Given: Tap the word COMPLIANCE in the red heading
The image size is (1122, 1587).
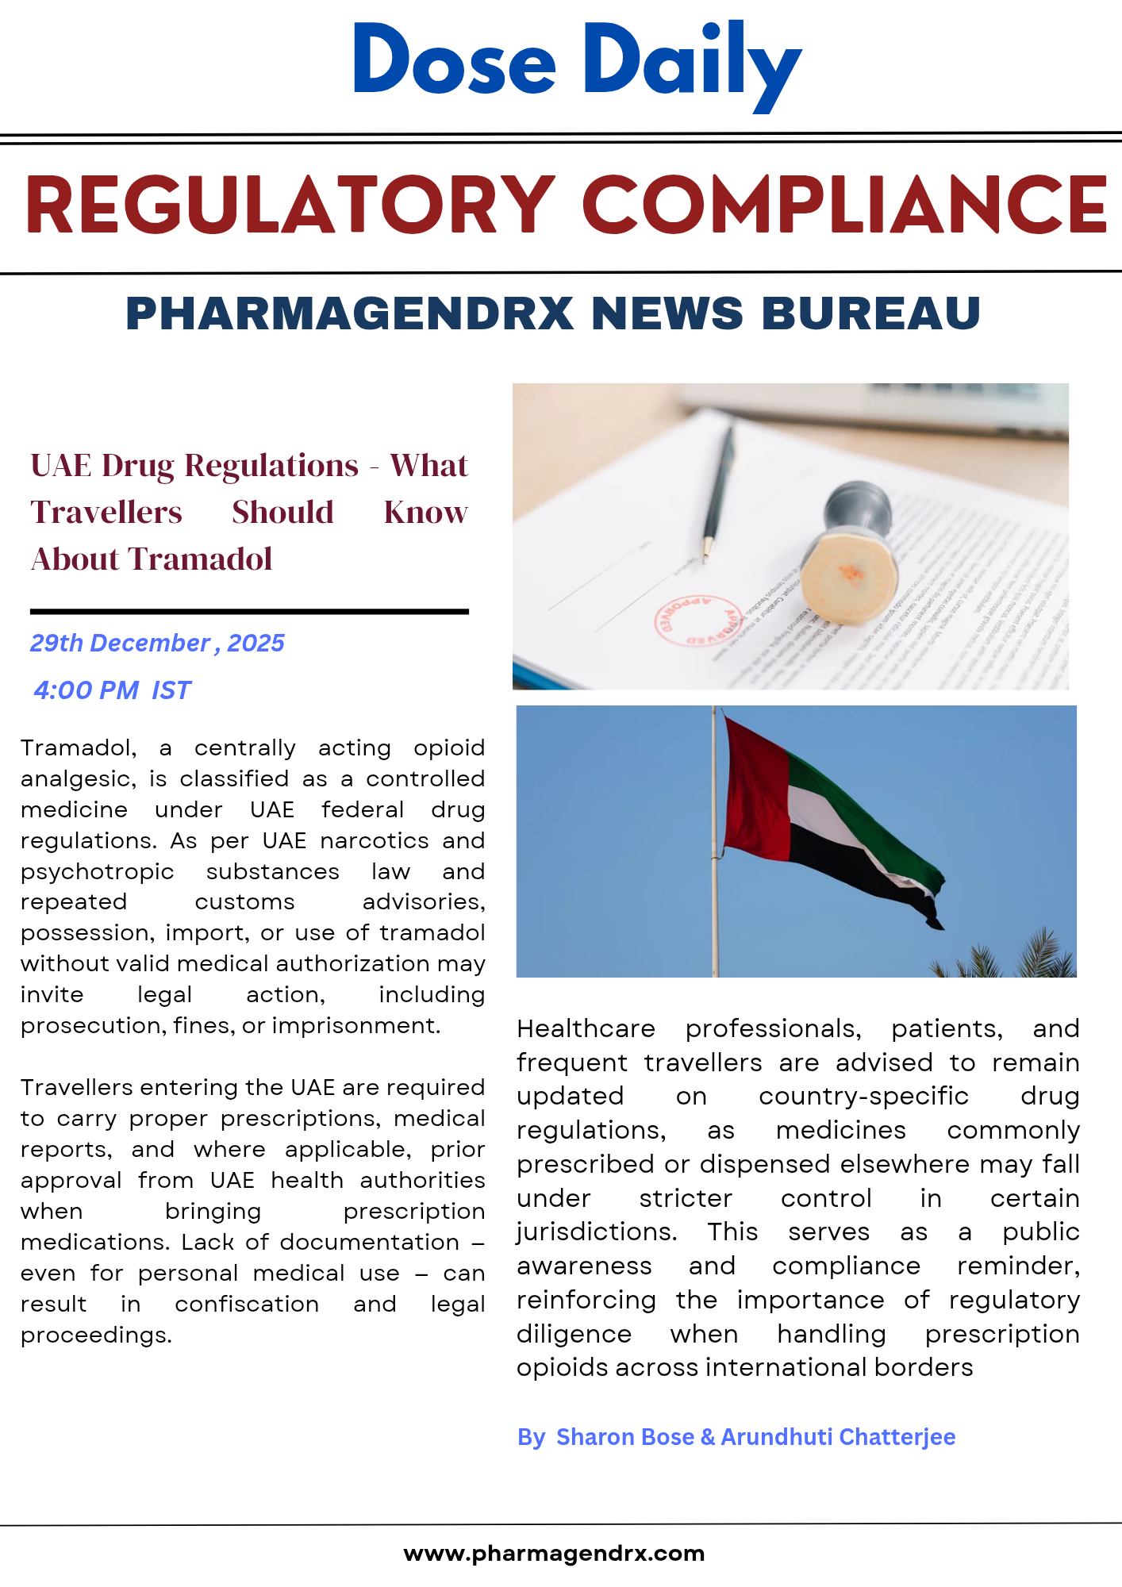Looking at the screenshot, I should point(844,205).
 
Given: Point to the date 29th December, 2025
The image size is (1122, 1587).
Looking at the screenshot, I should point(157,643).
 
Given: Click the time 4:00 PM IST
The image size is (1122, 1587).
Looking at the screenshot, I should point(113,690).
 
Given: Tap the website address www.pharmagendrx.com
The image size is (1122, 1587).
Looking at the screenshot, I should point(554,1553).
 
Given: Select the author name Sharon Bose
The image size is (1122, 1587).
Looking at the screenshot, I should point(624,1437).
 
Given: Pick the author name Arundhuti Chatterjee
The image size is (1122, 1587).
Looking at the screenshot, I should point(838,1437).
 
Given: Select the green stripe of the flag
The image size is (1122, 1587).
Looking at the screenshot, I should point(865,825).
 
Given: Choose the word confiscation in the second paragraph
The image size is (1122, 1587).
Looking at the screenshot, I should point(247,1305).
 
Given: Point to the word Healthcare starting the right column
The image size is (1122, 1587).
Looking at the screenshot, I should point(586,1029).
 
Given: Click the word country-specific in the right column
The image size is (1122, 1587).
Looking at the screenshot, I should point(863,1097).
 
